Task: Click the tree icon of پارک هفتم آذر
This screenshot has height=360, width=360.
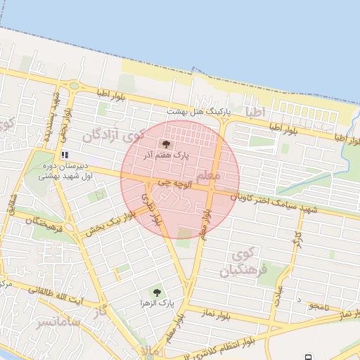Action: tap(156, 143)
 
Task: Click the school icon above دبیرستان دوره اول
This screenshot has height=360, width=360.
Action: tap(65, 154)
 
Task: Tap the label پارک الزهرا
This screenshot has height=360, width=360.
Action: tap(156, 303)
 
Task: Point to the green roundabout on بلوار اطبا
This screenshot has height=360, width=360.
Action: tap(74, 86)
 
